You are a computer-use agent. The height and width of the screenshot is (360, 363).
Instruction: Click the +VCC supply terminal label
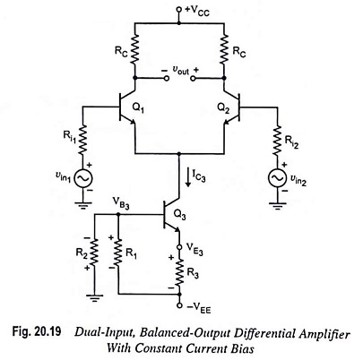point(197,11)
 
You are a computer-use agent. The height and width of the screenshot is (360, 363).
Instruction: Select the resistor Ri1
point(83,140)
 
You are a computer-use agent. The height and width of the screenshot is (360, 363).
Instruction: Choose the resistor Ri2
point(278,140)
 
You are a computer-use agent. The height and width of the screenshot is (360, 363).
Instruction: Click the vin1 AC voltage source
point(83,178)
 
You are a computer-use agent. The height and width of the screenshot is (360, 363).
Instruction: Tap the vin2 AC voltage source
point(278,178)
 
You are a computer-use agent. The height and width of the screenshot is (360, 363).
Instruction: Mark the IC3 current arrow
point(188,177)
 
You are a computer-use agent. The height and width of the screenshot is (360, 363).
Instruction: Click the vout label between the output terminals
point(180,70)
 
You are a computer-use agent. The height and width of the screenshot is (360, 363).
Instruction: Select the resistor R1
point(118,253)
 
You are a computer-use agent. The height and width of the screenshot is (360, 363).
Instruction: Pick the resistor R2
point(94,253)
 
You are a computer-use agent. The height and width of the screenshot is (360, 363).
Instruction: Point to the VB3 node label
point(121,203)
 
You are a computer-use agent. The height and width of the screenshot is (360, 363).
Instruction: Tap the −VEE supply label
point(199,308)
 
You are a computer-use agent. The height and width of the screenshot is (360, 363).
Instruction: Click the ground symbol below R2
point(94,298)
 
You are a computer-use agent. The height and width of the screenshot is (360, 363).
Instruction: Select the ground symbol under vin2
point(278,206)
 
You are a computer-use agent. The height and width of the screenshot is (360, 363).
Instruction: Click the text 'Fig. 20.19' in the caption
point(37,331)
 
